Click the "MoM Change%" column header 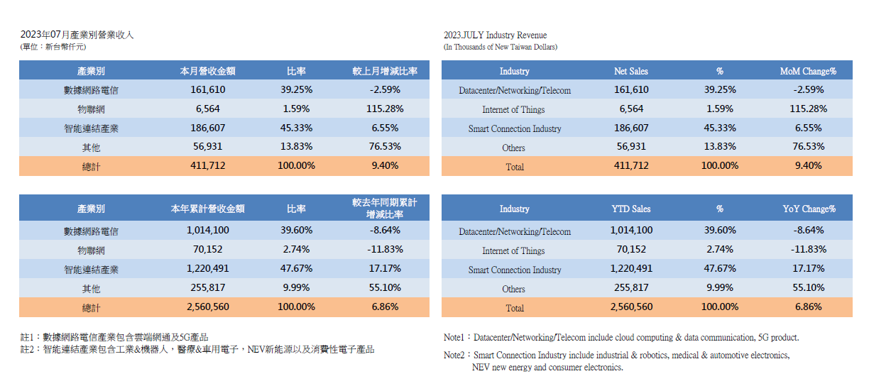click(808, 71)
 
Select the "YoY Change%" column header click(808, 209)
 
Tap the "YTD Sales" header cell click(631, 209)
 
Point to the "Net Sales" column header click(631, 71)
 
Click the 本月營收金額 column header click(208, 71)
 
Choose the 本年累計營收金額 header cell click(208, 209)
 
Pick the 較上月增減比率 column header click(385, 71)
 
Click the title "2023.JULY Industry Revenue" click(495, 35)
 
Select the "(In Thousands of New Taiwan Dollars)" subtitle click(501, 47)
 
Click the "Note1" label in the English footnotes click(454, 338)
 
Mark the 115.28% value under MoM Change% click(808, 109)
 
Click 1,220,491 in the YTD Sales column click(631, 269)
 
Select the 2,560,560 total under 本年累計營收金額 click(208, 307)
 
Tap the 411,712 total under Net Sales click(631, 166)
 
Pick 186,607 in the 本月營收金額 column click(208, 128)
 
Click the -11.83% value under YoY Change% click(808, 250)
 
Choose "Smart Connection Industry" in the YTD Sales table click(514, 270)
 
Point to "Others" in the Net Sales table click(513, 148)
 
